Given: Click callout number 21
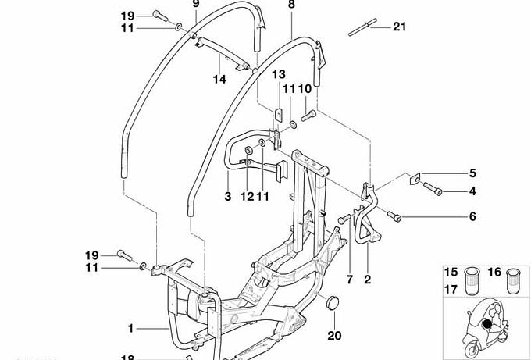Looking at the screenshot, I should tap(399, 27).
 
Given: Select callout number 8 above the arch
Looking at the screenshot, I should tap(292, 5).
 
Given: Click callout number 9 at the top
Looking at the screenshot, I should tap(197, 4).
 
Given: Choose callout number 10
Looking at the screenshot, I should tap(305, 90).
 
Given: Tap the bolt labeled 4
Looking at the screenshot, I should tap(433, 189).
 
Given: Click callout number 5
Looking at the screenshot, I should tap(472, 173).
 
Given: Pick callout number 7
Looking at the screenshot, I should tap(349, 280).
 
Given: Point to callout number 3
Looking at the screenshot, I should tap(227, 197).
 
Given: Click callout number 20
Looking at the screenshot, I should tap(334, 337).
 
